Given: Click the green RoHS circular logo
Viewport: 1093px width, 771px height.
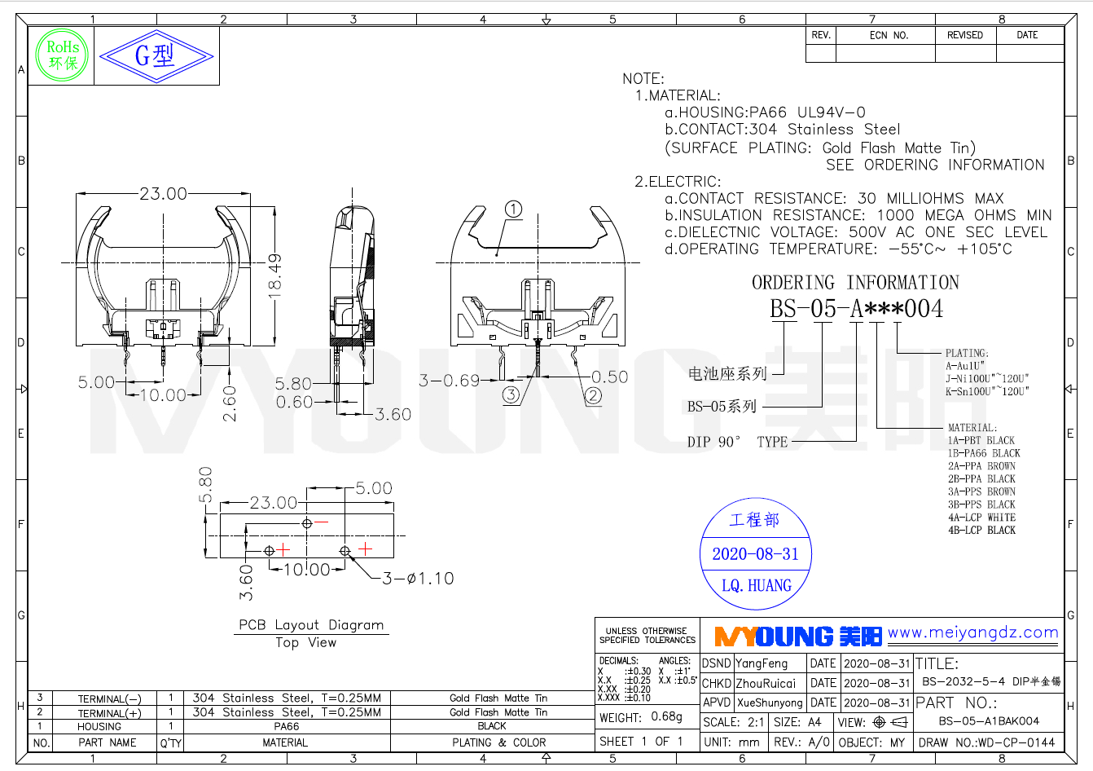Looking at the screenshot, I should [x=63, y=55].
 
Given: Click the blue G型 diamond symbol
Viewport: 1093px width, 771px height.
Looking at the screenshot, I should [x=156, y=56].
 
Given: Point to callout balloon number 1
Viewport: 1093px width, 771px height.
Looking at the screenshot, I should [x=513, y=209].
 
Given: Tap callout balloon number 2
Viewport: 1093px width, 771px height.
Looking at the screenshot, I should [x=594, y=396].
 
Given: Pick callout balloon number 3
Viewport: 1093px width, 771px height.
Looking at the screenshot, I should [x=511, y=395].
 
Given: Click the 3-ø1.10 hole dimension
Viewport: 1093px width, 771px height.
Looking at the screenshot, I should [x=418, y=579].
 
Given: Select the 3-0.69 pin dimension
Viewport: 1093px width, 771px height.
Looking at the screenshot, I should [x=449, y=380].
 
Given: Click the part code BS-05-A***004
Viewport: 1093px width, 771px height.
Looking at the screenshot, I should [x=856, y=309].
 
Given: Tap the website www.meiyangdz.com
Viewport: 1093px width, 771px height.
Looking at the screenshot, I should [x=972, y=632].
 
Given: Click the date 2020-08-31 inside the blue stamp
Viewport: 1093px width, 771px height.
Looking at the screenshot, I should [x=756, y=554].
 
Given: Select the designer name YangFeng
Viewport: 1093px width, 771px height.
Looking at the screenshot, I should [x=762, y=663].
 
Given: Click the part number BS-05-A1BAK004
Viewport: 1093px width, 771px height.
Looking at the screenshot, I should [x=989, y=720].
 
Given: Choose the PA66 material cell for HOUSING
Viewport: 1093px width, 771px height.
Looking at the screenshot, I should [x=286, y=726].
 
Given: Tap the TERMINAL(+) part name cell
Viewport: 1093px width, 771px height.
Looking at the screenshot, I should [x=109, y=713].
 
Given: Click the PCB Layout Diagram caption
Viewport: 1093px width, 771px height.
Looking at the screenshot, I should [x=311, y=625].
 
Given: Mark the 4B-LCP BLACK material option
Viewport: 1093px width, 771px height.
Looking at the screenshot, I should [x=981, y=531].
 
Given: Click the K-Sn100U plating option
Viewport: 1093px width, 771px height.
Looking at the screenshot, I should [x=987, y=391].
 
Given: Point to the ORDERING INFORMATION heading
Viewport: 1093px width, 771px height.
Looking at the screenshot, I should [x=855, y=283].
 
